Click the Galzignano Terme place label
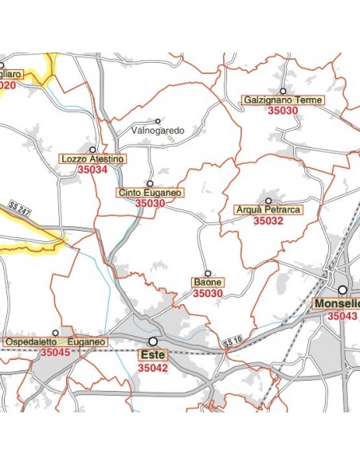tap(283, 100)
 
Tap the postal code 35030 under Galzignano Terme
tap(283, 111)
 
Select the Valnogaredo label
tap(158, 130)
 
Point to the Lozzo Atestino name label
tap(92, 159)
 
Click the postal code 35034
tap(92, 170)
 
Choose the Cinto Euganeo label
tap(150, 193)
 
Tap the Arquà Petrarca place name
tap(268, 210)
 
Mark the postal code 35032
tap(268, 221)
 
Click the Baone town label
tap(208, 283)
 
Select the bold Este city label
tap(152, 355)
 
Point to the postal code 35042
tap(152, 368)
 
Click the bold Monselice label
tap(337, 304)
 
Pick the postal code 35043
tap(342, 316)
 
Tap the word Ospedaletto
tap(33, 342)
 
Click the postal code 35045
tap(56, 353)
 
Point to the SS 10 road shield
tap(233, 342)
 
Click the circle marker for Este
tap(152, 342)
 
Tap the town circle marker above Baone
tap(208, 273)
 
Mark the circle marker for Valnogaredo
tap(158, 120)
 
